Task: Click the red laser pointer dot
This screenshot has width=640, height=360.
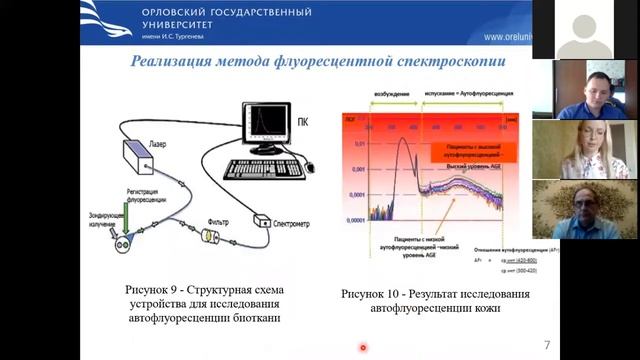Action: [363, 348]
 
